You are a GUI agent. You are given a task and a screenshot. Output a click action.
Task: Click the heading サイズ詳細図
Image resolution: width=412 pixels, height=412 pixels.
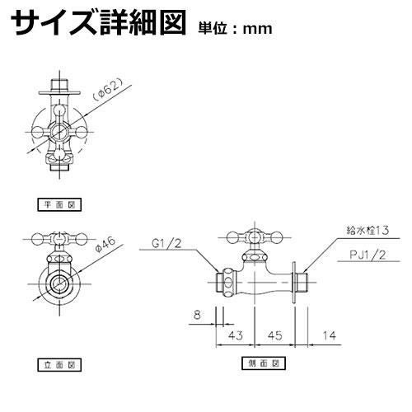(x=98, y=23)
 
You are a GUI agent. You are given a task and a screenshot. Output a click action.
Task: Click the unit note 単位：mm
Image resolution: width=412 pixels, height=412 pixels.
(x=235, y=28)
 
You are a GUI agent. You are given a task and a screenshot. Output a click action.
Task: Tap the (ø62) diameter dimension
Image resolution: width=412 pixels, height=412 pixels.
(x=107, y=89)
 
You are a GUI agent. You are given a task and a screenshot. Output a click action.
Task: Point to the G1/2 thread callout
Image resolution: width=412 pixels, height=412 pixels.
(x=166, y=244)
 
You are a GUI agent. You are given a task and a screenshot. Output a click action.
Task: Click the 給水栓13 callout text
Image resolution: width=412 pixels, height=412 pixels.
(x=368, y=230)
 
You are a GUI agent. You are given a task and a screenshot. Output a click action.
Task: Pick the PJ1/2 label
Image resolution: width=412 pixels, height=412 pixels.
(x=368, y=255)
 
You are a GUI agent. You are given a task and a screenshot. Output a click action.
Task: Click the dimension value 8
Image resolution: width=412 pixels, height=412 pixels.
(x=197, y=315)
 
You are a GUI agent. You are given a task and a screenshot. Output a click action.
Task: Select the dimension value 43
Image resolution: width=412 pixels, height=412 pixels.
(x=236, y=335)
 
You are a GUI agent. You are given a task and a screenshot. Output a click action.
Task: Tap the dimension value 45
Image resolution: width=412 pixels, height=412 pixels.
(x=274, y=335)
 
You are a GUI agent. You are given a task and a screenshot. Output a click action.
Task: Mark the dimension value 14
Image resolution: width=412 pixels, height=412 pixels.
(x=329, y=335)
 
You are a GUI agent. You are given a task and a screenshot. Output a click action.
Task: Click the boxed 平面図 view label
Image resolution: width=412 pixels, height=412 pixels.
(x=59, y=204)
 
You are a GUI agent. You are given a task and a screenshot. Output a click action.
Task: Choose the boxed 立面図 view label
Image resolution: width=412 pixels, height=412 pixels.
(x=59, y=365)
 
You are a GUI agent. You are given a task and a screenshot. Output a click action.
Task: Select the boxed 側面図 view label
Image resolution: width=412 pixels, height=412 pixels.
(x=264, y=363)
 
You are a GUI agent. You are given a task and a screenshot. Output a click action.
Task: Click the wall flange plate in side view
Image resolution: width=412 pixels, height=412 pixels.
(x=294, y=283)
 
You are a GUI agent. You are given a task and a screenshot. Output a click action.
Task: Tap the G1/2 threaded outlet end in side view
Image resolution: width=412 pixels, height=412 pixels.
(x=220, y=283)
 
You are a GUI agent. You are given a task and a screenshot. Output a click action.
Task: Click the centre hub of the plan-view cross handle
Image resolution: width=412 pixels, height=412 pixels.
(x=59, y=132)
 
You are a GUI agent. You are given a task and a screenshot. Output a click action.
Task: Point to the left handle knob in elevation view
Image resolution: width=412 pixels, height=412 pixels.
(x=38, y=240)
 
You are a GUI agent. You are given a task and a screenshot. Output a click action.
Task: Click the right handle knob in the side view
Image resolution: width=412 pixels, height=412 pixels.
(x=276, y=237)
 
